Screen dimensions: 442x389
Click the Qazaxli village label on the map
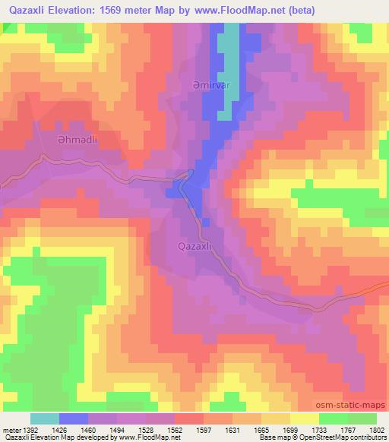tap(199, 246)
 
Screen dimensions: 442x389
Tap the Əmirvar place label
tap(206, 85)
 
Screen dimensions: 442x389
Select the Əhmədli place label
tap(52, 140)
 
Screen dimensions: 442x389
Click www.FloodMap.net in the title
tap(236, 10)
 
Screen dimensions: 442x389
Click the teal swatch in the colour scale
tap(45, 418)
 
